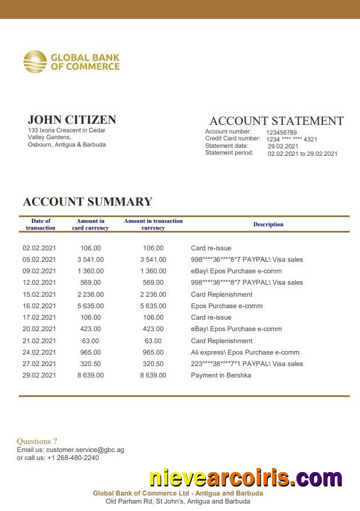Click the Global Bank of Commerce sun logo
[35, 62]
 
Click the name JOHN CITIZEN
[72, 120]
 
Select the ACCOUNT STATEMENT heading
[276, 121]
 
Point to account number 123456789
[282, 132]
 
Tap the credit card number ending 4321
[292, 139]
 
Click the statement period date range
[302, 154]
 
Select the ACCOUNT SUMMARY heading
[88, 202]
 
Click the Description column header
[268, 225]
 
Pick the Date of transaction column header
[41, 225]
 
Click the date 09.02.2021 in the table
[39, 271]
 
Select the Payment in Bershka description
[221, 375]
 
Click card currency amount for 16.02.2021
[90, 306]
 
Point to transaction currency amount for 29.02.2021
[153, 375]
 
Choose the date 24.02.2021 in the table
[39, 352]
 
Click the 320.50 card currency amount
[90, 364]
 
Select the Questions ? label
[37, 441]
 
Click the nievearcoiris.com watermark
[246, 478]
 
